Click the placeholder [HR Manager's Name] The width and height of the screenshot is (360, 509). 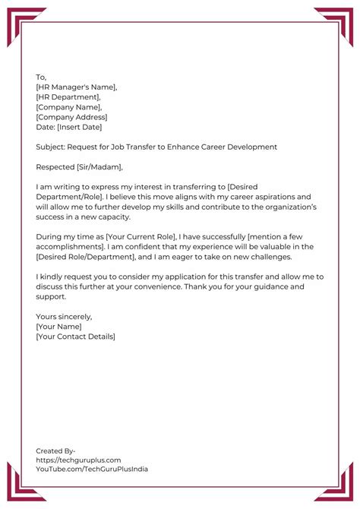[76, 87]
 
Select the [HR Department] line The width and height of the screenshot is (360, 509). [68, 96]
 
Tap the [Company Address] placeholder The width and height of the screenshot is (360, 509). [71, 116]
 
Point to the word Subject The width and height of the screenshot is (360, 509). [50, 146]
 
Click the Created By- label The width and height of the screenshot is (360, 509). [55, 451]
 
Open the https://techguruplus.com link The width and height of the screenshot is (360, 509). [78, 460]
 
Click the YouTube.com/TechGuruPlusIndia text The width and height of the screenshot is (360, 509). [92, 469]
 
